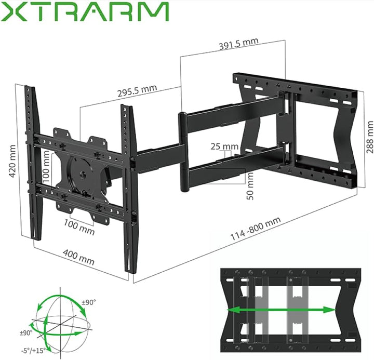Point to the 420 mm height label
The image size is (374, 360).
coord(13,162)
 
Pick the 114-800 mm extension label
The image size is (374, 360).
coord(256,229)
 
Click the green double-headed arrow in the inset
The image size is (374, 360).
coord(283,310)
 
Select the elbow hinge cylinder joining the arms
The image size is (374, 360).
coord(182,151)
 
